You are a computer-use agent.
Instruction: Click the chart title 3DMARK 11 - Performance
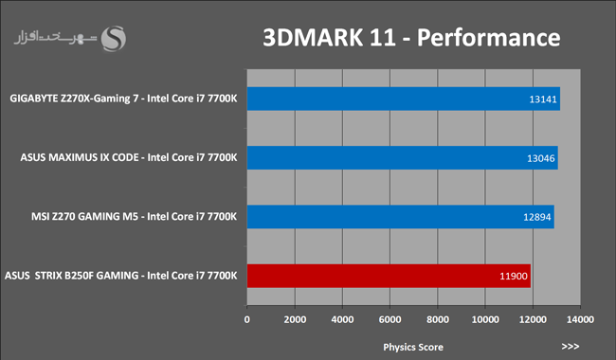coord(411,38)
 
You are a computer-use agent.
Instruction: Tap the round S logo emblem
coord(114,39)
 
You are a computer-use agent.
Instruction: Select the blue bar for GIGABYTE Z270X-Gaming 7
coord(404,99)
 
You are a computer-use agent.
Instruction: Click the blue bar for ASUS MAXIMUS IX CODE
coord(402,158)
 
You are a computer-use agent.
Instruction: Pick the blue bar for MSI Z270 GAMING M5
coord(400,217)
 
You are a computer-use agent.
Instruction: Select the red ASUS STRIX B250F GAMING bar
coord(389,276)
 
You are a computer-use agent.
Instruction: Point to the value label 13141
coord(543,99)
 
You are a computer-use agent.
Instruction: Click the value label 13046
coord(541,158)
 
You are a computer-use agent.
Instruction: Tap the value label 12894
coord(537,217)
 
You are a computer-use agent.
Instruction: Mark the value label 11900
coord(514,276)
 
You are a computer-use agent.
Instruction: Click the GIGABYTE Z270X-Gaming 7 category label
coord(123,99)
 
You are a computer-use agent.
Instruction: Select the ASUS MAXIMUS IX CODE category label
coord(129,157)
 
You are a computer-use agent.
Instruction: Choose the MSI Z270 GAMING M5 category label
coord(135,216)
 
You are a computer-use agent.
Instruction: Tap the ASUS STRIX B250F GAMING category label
coord(121,276)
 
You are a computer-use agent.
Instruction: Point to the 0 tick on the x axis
coord(246,319)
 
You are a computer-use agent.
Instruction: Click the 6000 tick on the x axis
coord(390,319)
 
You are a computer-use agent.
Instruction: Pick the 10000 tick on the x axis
coord(485,319)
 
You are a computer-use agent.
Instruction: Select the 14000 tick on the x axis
coord(580,319)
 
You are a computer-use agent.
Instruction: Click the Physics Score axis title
coord(413,347)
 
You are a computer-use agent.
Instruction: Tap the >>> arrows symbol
coord(571,346)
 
